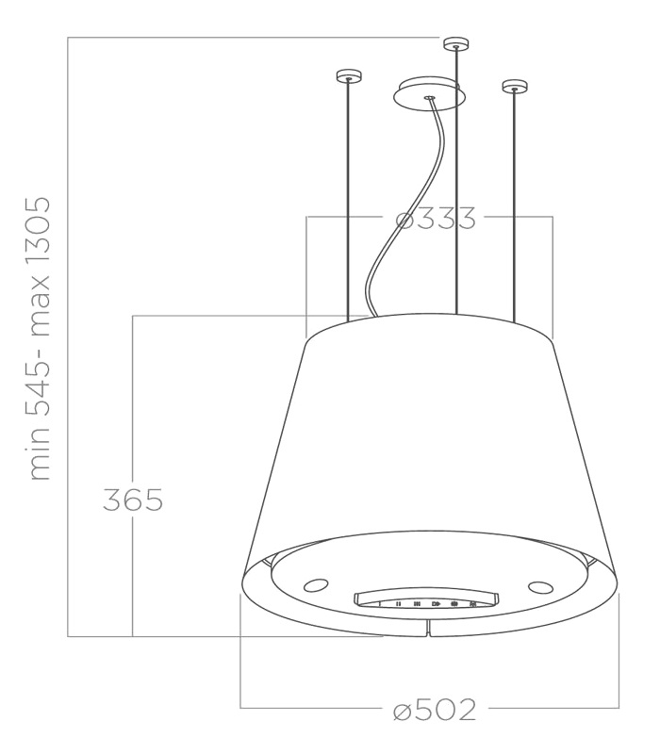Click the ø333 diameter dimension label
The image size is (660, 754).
(x=436, y=218)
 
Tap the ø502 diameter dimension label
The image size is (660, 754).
(x=435, y=710)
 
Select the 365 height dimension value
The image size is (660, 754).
(x=133, y=500)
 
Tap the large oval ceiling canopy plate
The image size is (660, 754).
(x=429, y=93)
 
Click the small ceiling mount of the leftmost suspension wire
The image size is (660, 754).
(x=348, y=76)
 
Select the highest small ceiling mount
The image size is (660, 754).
(x=456, y=43)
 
